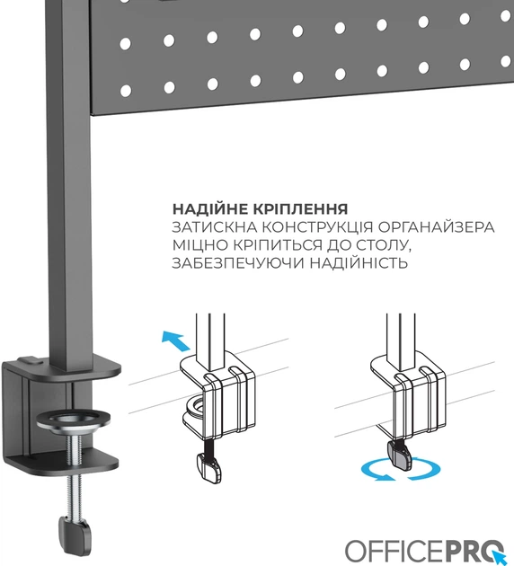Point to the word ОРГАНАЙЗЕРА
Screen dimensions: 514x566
tap(436, 227)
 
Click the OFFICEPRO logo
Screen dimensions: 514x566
tap(425, 551)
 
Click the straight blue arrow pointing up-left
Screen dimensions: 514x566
tap(175, 340)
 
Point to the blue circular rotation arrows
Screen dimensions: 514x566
tap(401, 470)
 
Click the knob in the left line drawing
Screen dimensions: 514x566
tap(209, 468)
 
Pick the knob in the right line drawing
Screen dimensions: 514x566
tap(399, 455)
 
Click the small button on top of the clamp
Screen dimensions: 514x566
tap(29, 360)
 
